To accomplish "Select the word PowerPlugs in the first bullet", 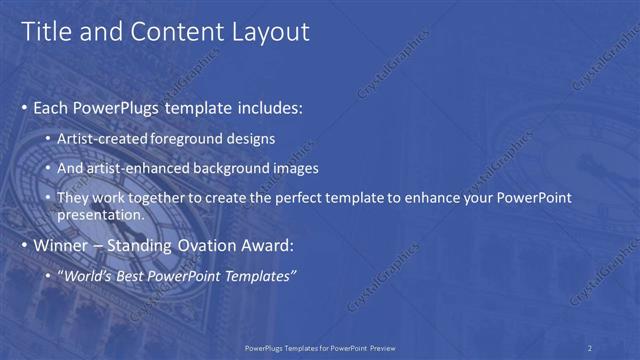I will click(x=111, y=106).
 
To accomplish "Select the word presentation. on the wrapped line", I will click(x=102, y=214).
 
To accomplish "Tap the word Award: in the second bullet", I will click(x=268, y=246).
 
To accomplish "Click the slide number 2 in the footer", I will click(x=590, y=347).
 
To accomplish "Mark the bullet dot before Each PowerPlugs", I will click(x=25, y=107).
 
